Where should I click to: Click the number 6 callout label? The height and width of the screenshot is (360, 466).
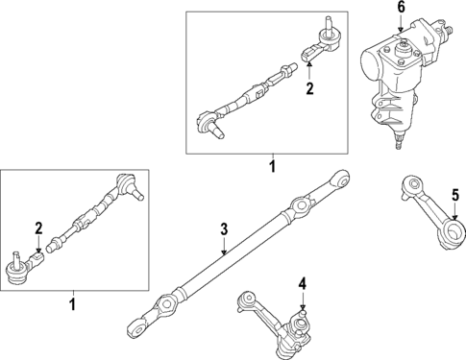click(x=402, y=10)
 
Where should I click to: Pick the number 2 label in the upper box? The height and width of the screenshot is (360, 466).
click(x=309, y=89)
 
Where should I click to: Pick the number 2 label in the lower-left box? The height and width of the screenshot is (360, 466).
click(x=37, y=228)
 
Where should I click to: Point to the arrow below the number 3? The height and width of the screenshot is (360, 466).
click(x=223, y=248)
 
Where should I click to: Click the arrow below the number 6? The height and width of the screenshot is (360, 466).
click(x=402, y=27)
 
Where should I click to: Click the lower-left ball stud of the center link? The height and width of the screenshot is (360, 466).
click(x=135, y=329)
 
